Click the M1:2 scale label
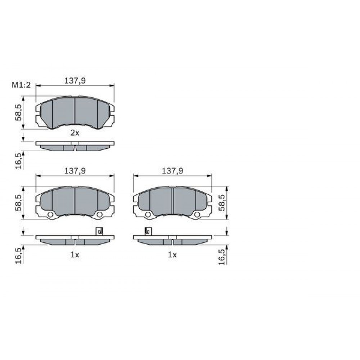click(21, 85)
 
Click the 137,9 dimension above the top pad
click(75, 81)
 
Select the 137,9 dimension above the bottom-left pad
click(75, 171)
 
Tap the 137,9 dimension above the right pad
click(172, 171)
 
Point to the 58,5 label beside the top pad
click(18, 112)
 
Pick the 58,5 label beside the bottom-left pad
click(18, 202)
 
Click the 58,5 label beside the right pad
click(222, 202)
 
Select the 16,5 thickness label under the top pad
click(18, 161)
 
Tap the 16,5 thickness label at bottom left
click(18, 255)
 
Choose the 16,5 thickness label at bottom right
click(222, 257)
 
